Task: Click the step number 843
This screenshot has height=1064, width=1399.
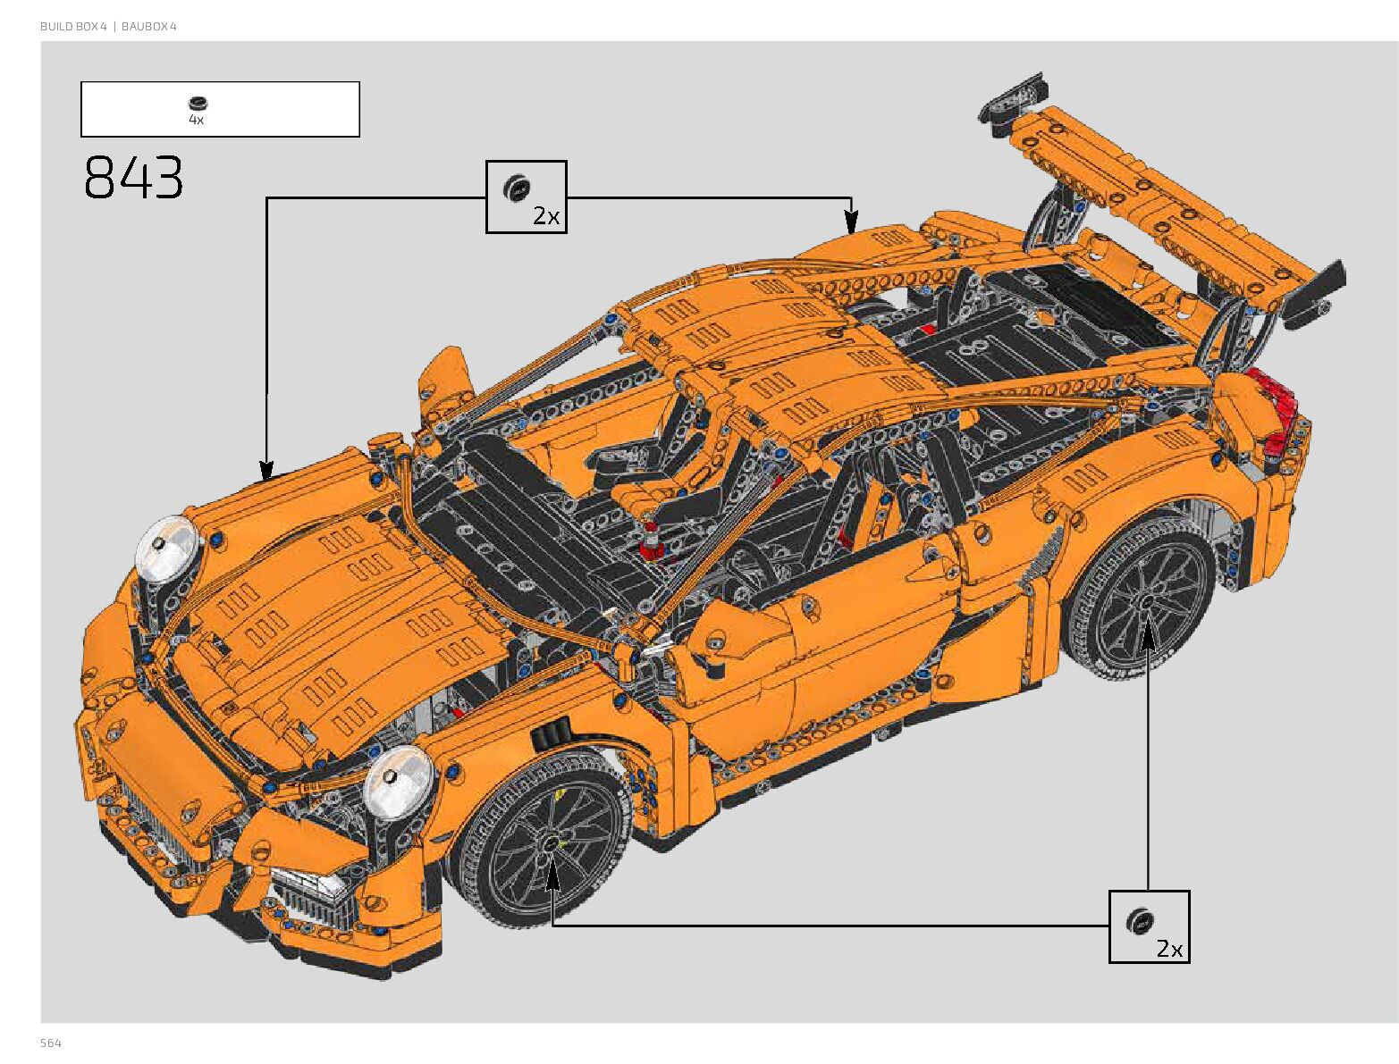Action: click(x=133, y=177)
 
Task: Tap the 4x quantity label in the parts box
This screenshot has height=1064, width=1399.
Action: click(x=197, y=120)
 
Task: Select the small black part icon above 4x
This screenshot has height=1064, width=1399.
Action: click(x=198, y=104)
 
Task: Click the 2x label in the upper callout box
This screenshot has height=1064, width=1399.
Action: click(x=545, y=215)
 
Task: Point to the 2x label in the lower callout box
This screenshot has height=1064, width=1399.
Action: click(x=1168, y=948)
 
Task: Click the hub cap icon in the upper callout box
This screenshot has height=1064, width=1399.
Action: click(x=516, y=186)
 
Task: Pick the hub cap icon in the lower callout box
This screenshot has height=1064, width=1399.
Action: click(x=1139, y=920)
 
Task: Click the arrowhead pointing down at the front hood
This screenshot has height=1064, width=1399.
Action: click(x=266, y=470)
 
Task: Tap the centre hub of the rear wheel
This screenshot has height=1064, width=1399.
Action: click(x=1146, y=603)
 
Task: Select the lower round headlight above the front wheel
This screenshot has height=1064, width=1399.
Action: click(x=398, y=780)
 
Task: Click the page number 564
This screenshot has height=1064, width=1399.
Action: click(x=51, y=1043)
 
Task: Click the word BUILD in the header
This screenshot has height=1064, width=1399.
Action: click(x=56, y=27)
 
